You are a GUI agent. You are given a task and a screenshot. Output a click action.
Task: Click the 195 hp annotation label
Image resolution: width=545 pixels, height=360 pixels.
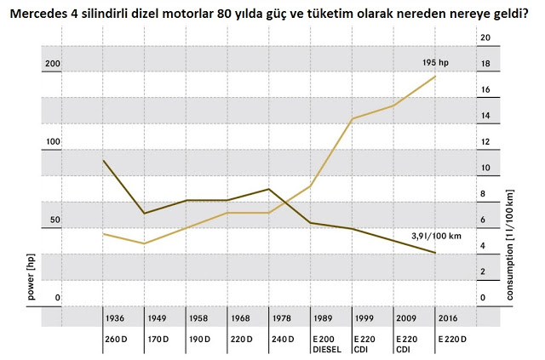click(x=435, y=62)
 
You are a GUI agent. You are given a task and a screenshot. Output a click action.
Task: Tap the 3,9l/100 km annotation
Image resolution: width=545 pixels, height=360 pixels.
click(x=437, y=236)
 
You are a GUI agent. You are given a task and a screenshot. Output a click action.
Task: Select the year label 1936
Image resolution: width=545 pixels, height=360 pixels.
click(x=115, y=318)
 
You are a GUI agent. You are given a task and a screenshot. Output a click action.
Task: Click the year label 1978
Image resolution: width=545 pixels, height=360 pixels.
click(x=282, y=318)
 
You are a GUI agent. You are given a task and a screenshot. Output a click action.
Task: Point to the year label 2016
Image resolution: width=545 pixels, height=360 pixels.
click(x=448, y=318)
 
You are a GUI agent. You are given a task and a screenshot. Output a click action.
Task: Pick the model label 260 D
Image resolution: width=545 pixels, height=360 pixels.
click(x=116, y=339)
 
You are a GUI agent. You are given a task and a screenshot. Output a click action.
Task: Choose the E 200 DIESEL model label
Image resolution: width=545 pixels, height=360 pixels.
click(x=327, y=344)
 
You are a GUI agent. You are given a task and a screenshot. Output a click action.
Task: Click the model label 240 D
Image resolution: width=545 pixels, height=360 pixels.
click(x=283, y=339)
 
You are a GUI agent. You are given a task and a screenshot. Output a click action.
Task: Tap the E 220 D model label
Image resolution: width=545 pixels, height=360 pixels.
click(x=452, y=339)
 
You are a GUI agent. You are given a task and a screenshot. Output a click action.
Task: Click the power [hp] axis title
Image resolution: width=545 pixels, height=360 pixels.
click(x=31, y=277)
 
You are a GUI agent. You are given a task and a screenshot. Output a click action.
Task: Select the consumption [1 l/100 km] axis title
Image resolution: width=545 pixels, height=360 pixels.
click(x=509, y=244)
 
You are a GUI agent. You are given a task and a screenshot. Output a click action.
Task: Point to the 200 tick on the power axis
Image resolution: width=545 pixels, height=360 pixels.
click(x=53, y=64)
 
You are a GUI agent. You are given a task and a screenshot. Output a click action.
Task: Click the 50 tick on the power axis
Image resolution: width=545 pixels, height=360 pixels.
click(x=54, y=220)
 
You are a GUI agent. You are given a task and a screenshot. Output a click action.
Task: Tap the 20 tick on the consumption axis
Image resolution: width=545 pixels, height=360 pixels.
click(x=485, y=37)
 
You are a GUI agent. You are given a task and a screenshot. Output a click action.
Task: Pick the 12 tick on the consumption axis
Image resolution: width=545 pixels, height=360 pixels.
click(x=485, y=141)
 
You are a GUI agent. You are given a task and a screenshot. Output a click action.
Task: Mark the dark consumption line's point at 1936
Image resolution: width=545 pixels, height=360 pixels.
click(x=103, y=160)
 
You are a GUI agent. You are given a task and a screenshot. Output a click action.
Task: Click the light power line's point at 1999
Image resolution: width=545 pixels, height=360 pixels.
click(x=353, y=119)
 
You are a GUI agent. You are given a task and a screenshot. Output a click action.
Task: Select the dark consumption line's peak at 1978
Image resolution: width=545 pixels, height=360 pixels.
click(x=269, y=189)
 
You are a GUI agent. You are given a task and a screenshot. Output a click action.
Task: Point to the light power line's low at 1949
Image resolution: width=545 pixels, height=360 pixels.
click(x=145, y=243)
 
